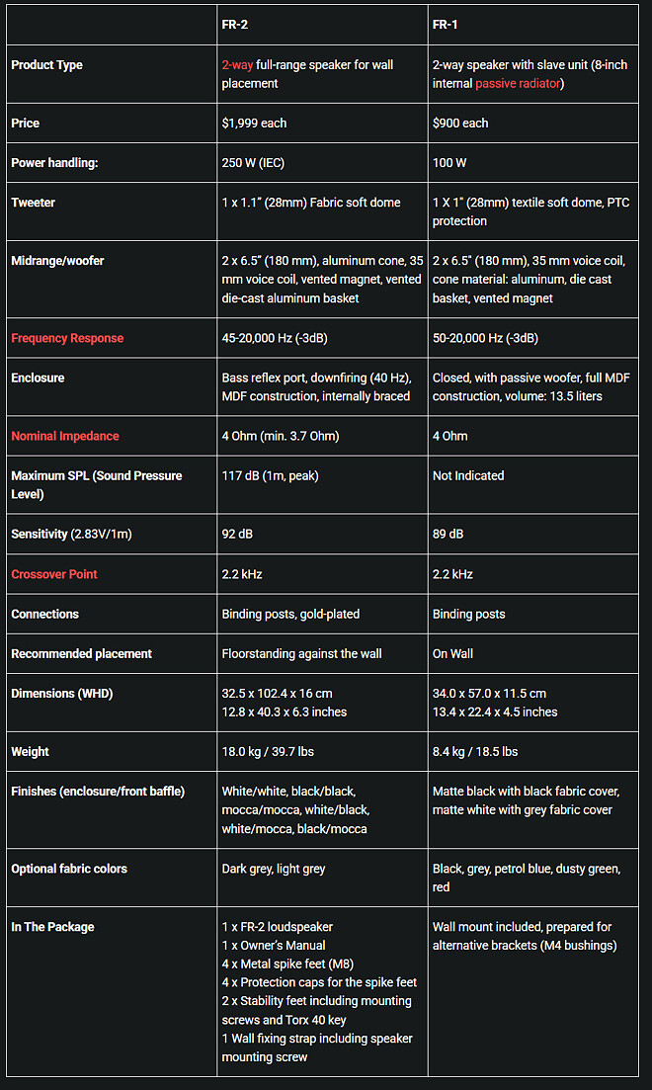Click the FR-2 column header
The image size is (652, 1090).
click(x=234, y=24)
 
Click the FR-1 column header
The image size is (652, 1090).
click(x=445, y=24)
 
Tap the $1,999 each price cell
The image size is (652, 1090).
click(x=256, y=124)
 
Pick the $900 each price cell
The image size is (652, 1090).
click(x=460, y=124)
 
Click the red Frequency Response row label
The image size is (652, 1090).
click(x=67, y=338)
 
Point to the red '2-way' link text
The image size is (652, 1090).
click(x=237, y=65)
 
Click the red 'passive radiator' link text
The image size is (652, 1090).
click(x=519, y=84)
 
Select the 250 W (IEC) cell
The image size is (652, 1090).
click(x=253, y=162)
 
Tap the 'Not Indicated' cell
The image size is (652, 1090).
click(x=468, y=475)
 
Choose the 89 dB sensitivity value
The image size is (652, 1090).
click(x=448, y=534)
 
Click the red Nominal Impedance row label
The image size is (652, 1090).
click(x=65, y=436)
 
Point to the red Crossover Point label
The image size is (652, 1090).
click(x=54, y=574)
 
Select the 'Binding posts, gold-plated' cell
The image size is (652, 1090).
click(x=290, y=614)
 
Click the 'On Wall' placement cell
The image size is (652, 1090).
click(x=452, y=653)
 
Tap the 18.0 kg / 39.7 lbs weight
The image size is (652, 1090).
click(x=268, y=751)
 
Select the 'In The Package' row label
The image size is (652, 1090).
click(x=52, y=927)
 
